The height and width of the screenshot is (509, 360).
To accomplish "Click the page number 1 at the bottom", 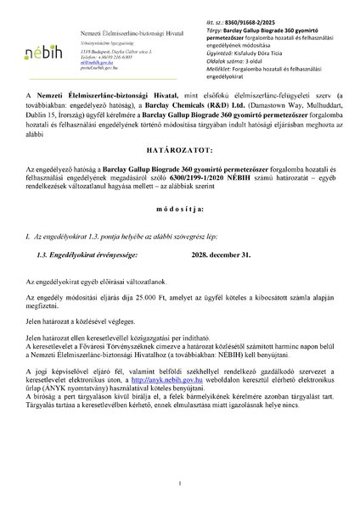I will pyautogui.click(x=180, y=484).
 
